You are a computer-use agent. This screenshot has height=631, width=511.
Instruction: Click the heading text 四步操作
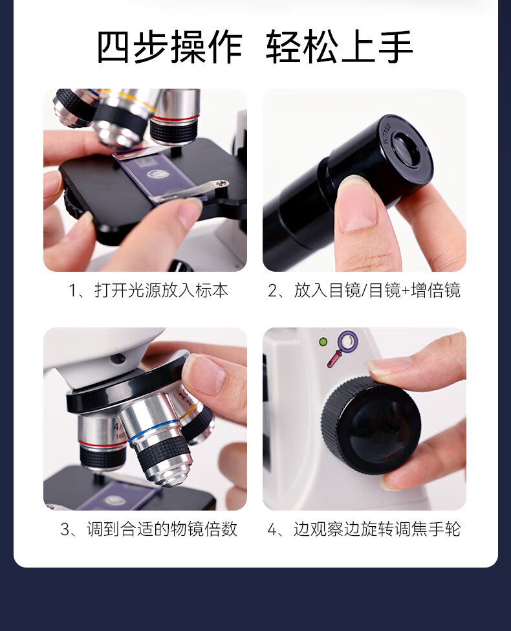169,47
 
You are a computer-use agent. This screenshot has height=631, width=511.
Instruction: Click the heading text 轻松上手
339,47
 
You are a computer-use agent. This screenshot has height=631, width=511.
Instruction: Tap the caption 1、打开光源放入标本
148,290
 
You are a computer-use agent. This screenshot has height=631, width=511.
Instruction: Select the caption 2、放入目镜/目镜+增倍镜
364,290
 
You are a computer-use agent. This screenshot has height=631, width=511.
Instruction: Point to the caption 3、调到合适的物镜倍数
149,529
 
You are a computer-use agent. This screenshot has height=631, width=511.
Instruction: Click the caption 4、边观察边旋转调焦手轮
364,529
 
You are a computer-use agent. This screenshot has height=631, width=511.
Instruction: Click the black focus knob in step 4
371,425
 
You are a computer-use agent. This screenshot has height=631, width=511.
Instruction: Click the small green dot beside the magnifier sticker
323,342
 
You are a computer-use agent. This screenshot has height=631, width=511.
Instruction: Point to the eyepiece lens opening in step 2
406,149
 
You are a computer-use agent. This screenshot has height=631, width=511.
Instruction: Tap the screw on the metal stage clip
221,184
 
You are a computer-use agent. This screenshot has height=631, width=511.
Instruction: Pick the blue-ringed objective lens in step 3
158,439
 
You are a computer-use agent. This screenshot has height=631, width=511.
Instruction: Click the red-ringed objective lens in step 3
102,442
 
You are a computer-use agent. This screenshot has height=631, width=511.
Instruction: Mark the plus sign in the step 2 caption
406,291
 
